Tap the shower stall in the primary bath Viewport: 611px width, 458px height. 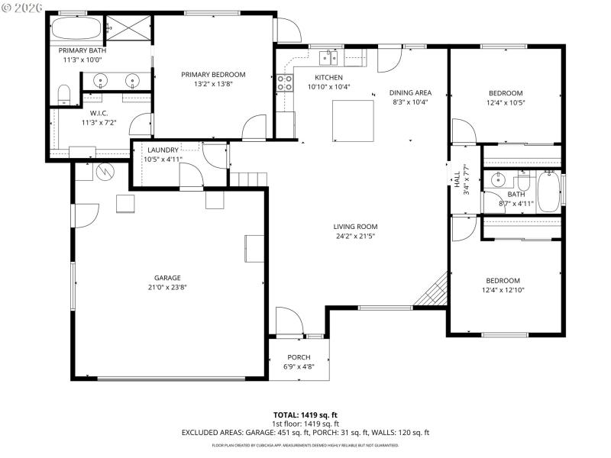coord(128,31)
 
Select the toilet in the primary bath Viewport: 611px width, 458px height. coord(65,95)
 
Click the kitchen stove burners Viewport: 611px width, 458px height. coord(285,82)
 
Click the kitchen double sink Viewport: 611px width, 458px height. coord(330,57)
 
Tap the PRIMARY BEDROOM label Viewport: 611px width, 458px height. coord(213,74)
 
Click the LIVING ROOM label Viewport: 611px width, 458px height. coord(355,227)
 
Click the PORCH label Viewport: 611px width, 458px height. coord(299,357)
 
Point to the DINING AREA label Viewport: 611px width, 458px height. coord(409,92)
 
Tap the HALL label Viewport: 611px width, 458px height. coord(457,180)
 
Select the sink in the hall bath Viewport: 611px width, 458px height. coord(497,180)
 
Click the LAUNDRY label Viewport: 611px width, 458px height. coord(163,150)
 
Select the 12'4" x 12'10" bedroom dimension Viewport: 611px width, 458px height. coord(503,290)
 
